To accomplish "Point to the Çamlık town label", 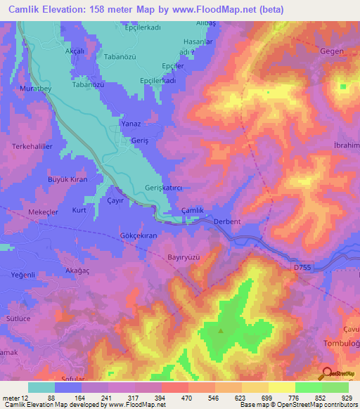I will (x=193, y=211).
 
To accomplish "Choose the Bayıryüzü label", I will (x=185, y=257).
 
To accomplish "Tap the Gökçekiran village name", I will (x=138, y=236).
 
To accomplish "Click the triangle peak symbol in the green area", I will (x=221, y=330).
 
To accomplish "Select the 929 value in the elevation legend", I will (x=344, y=398).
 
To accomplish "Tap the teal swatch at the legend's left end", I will (x=41, y=387).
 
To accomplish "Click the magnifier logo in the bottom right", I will (x=327, y=374).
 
